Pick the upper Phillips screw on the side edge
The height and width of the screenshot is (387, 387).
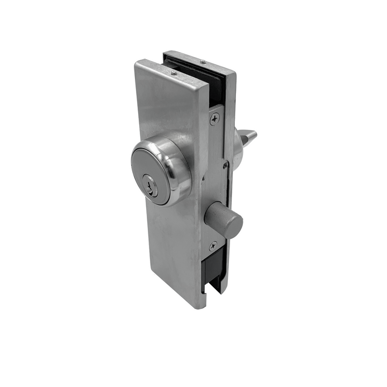[214, 119]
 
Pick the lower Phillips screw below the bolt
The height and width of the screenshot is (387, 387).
[213, 246]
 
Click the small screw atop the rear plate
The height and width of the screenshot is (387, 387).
[202, 62]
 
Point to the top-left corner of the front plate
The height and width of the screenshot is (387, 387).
[137, 63]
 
